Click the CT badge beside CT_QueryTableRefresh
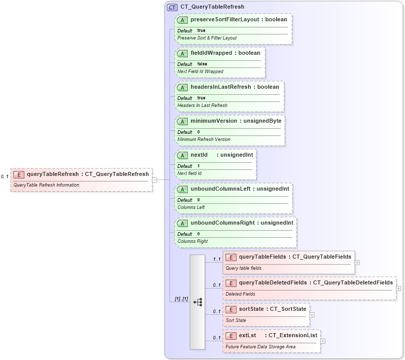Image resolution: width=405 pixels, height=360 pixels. (x=172, y=7)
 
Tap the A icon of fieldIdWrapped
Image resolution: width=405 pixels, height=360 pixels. (x=182, y=53)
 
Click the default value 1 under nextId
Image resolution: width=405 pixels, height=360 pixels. (x=198, y=166)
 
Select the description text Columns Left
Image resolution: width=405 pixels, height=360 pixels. (x=191, y=207)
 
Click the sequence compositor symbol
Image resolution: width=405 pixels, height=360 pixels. (x=197, y=302)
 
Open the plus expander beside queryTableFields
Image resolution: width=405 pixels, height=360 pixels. (x=357, y=263)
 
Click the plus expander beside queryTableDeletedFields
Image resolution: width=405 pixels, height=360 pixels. (x=398, y=288)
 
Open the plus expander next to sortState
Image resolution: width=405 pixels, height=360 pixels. (x=312, y=314)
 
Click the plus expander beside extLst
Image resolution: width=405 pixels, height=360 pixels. (x=323, y=341)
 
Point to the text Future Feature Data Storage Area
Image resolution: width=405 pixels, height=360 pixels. (x=260, y=347)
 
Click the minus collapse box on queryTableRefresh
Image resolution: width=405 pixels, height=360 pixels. (x=154, y=179)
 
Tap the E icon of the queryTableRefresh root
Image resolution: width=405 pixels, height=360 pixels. (x=19, y=174)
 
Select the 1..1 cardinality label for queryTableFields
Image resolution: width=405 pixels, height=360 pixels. (x=217, y=259)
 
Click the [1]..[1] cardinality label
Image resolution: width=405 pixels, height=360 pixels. (x=181, y=299)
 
